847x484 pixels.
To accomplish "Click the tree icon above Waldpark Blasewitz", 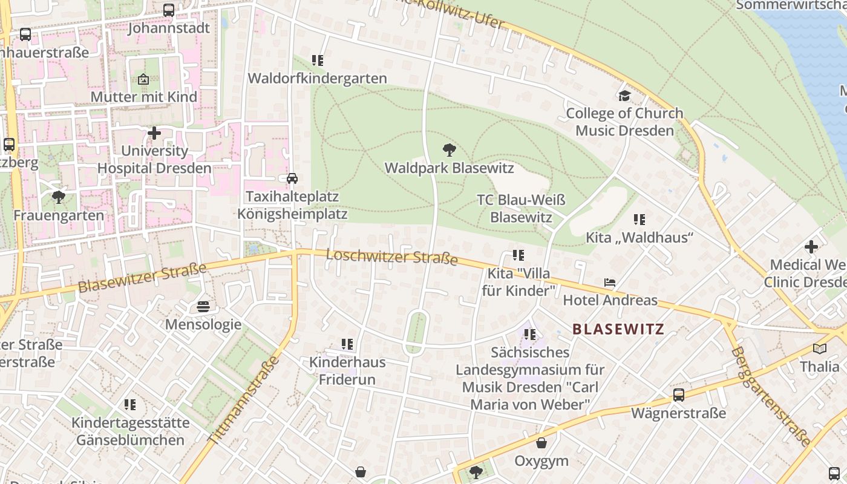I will tap(449, 149).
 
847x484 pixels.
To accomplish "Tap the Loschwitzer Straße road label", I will tap(391, 257).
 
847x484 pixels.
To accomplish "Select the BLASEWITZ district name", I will tap(618, 329).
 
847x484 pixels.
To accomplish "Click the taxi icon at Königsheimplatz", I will tap(292, 178).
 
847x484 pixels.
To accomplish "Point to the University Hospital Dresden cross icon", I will tap(154, 132).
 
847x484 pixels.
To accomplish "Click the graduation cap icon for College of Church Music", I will tap(624, 96).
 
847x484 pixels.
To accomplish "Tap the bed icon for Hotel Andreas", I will tap(610, 283).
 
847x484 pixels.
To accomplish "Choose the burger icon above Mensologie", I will tap(203, 307).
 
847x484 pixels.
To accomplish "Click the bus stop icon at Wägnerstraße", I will tap(679, 395).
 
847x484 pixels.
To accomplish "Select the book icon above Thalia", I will tap(820, 348).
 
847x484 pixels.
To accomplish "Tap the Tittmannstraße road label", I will tap(244, 401).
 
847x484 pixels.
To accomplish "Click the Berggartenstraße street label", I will tap(770, 396).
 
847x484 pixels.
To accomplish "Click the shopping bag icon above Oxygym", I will tap(541, 443).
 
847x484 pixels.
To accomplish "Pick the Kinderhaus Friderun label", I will tap(347, 371).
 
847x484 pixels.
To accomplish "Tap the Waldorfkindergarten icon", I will tap(318, 60).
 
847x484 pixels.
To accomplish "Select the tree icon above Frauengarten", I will tap(59, 197).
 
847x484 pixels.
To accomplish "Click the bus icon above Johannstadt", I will tap(169, 10).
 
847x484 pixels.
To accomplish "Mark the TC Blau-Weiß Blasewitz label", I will tap(521, 209).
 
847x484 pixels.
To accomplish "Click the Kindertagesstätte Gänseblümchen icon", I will tap(130, 404).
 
